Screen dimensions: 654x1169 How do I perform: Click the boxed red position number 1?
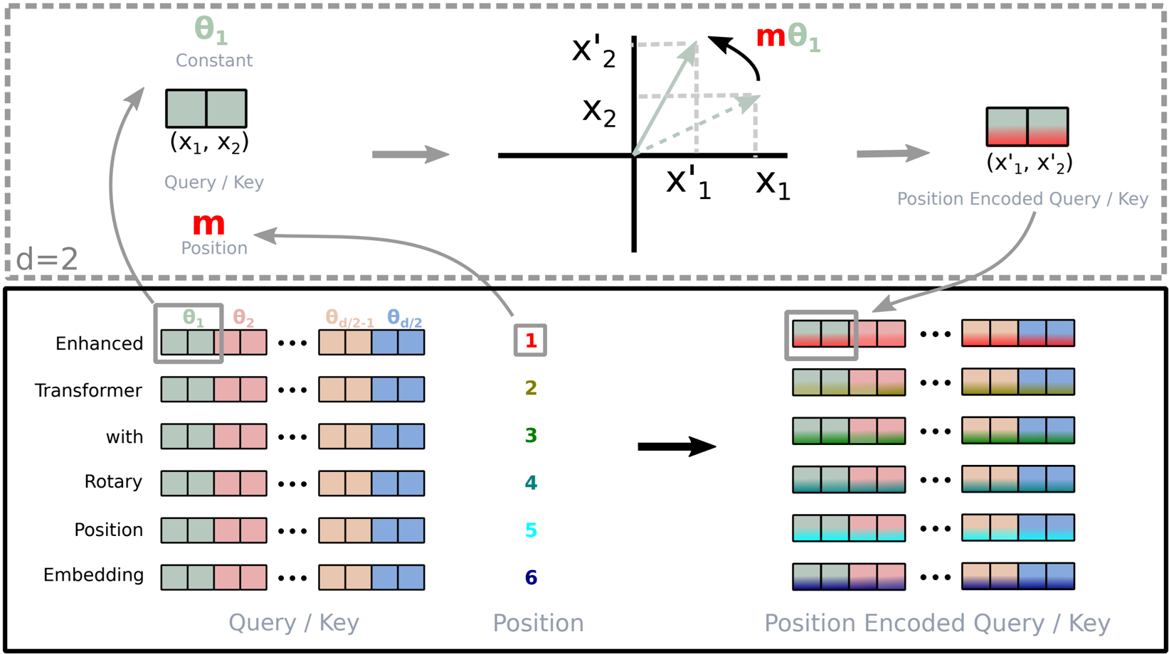[530, 341]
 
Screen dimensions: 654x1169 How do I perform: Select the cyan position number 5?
[530, 530]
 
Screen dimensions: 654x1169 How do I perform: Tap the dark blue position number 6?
[530, 577]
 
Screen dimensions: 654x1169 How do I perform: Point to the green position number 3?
[530, 435]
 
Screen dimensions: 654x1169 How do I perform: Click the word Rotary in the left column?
[113, 482]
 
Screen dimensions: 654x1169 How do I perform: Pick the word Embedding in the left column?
[93, 575]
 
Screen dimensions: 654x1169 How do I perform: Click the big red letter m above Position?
[208, 224]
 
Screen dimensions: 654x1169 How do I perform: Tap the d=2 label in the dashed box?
[47, 259]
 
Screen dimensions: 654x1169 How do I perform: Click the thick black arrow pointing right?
[676, 446]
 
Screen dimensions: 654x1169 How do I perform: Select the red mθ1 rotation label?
[788, 37]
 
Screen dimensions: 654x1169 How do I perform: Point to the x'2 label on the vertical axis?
[593, 51]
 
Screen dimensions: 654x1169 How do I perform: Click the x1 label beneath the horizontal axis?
[773, 183]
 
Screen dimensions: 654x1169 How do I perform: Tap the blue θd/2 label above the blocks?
[404, 319]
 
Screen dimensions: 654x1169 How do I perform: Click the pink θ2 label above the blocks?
[243, 318]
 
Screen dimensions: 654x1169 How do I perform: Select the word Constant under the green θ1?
[214, 60]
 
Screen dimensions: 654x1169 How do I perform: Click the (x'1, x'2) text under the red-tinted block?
[1029, 163]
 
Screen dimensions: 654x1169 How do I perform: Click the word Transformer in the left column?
[88, 390]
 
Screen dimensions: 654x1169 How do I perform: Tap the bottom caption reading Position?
[538, 623]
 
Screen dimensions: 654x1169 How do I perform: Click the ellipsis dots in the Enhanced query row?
[292, 343]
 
